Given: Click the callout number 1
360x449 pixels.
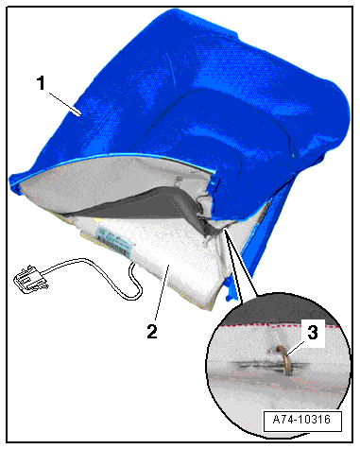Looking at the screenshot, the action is tap(42, 83).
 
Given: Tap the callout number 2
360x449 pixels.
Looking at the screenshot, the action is tap(152, 331).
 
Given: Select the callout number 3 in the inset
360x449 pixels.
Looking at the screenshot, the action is tap(312, 333).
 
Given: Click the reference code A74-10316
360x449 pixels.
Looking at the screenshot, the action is tap(301, 420).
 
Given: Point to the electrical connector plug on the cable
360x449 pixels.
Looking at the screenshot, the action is tap(30, 279).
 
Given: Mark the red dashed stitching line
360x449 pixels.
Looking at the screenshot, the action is tap(280, 325).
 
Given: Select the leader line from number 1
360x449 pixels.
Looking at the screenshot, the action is tap(65, 103).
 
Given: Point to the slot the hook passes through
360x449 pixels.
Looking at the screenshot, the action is tap(271, 366).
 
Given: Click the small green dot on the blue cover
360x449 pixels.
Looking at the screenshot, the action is tap(294, 155).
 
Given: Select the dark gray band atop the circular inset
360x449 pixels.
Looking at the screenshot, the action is tap(281, 309).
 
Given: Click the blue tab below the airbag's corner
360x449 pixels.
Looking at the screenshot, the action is tap(230, 290).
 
